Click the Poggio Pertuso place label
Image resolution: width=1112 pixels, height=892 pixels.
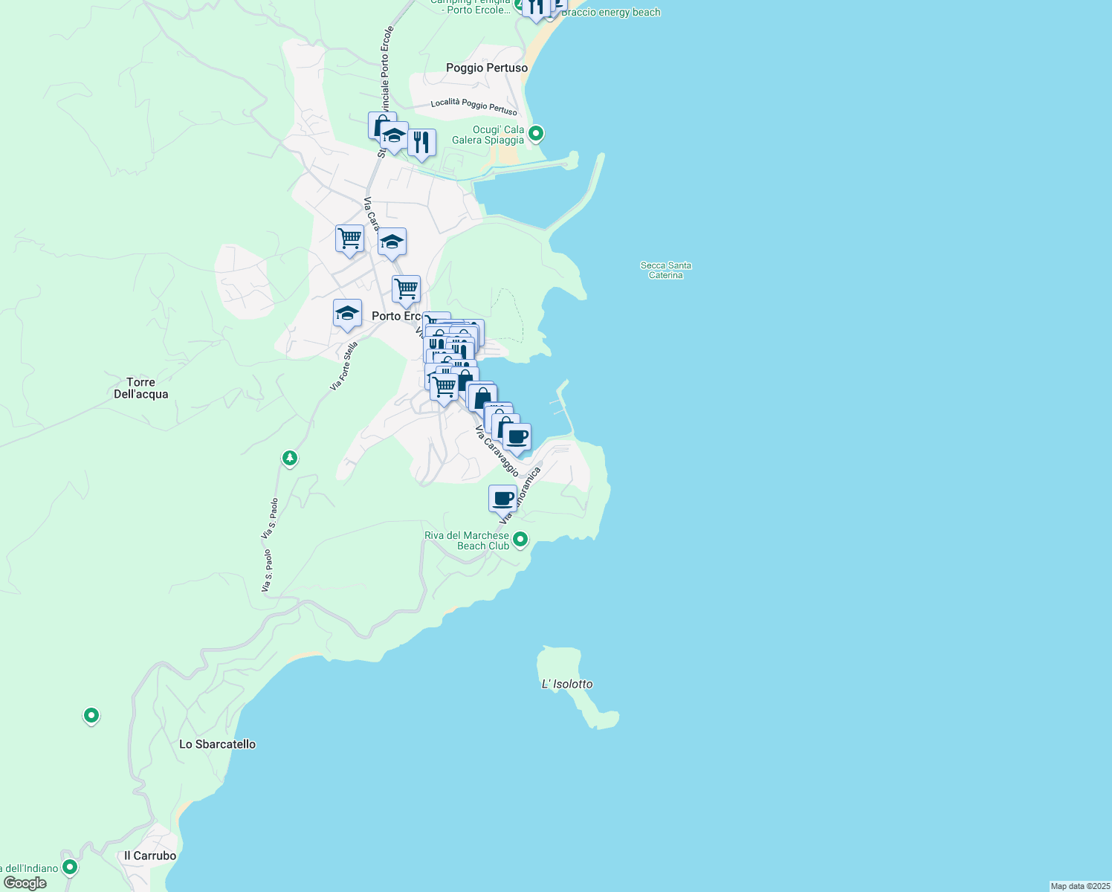tap(487, 68)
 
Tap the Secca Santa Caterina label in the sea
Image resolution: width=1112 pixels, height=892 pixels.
tap(665, 270)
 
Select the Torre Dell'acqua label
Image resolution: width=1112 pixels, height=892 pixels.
tap(141, 388)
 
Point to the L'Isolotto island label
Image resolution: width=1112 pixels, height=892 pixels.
tap(567, 684)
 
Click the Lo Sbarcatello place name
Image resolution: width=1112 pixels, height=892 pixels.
tap(217, 744)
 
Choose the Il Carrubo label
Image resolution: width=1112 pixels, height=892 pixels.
tap(150, 856)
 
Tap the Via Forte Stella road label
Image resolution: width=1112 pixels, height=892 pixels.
tap(344, 366)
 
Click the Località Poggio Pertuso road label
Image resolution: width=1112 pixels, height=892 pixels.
tap(473, 106)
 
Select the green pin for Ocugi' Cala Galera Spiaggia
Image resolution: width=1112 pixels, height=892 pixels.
tap(536, 134)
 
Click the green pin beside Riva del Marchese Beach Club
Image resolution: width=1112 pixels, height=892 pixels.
tap(520, 539)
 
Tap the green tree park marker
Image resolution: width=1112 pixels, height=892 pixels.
tap(290, 458)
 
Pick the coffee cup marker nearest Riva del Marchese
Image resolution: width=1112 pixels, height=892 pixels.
tap(502, 498)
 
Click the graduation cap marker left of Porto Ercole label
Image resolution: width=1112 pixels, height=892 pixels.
tap(347, 314)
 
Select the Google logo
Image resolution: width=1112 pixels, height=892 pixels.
tap(25, 883)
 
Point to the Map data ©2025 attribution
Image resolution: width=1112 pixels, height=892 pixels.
tap(1080, 886)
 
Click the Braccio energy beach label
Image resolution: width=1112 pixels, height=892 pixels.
tap(610, 13)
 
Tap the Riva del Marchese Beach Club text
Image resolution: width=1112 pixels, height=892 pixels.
tap(467, 540)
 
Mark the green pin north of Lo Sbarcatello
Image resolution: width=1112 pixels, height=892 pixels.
tap(91, 715)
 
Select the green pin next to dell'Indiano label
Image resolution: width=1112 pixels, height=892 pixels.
tap(70, 867)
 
